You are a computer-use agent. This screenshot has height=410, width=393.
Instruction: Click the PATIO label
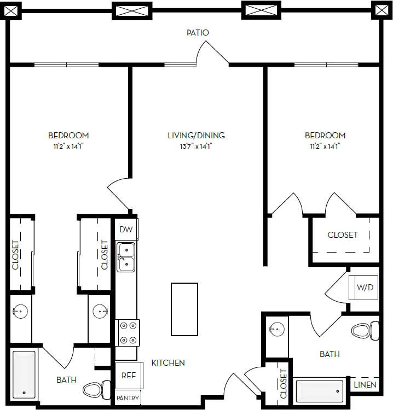tap(197, 33)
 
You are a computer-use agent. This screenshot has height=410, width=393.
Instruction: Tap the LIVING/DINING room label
tap(196, 136)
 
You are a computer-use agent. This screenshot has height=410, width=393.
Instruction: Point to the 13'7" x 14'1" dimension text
tap(196, 146)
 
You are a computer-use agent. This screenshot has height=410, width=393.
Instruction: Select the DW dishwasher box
tap(126, 230)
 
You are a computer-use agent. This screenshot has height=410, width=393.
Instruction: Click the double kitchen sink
tap(126, 257)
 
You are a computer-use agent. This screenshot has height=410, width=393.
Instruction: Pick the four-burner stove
tap(128, 332)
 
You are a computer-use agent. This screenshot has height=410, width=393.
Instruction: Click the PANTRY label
tap(128, 398)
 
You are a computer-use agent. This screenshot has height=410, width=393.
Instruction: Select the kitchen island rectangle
tap(184, 309)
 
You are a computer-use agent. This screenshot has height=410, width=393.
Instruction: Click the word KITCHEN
tap(168, 363)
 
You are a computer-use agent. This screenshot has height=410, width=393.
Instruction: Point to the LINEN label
tap(365, 385)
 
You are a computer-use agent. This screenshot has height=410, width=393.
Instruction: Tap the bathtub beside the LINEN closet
tap(320, 391)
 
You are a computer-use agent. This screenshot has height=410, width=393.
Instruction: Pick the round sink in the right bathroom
tap(276, 329)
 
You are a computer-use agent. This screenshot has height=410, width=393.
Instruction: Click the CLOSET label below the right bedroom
tap(343, 235)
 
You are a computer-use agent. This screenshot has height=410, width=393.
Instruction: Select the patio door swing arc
tap(212, 53)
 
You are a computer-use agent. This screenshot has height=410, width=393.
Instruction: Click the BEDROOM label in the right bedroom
tap(325, 136)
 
